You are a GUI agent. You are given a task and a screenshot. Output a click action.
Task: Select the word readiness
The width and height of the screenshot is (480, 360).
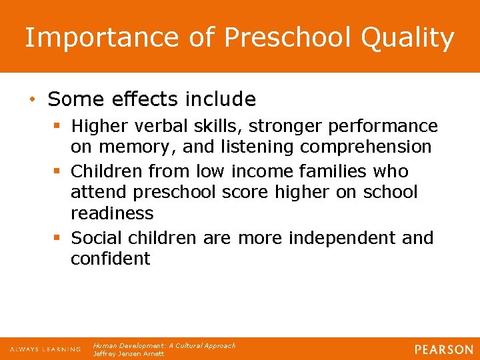pyautogui.click(x=112, y=213)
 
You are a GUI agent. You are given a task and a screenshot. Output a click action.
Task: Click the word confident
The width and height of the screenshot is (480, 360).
pyautogui.click(x=111, y=259)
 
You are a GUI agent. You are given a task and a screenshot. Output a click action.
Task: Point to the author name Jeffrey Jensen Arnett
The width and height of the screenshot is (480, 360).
pyautogui.click(x=129, y=353)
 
